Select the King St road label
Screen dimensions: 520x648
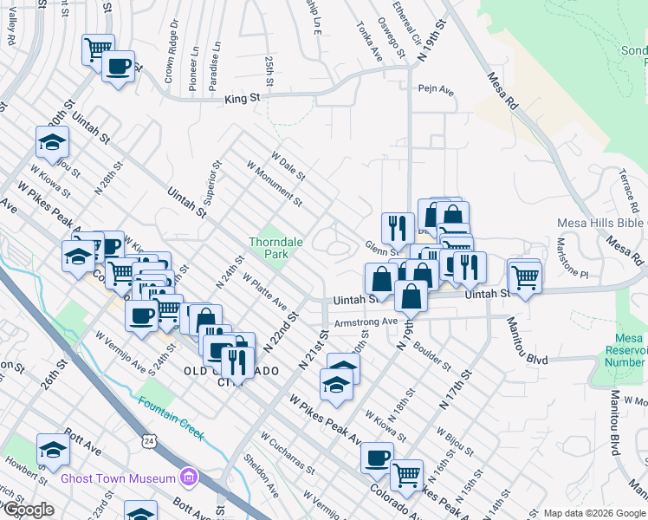(243, 100)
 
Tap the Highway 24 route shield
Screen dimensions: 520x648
(148, 442)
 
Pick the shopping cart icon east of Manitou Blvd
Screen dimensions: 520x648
(525, 276)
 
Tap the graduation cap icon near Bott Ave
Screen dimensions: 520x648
(53, 450)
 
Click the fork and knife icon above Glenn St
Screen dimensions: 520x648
(398, 227)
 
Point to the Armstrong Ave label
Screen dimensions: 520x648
(365, 322)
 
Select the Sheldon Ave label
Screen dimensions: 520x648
(261, 476)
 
